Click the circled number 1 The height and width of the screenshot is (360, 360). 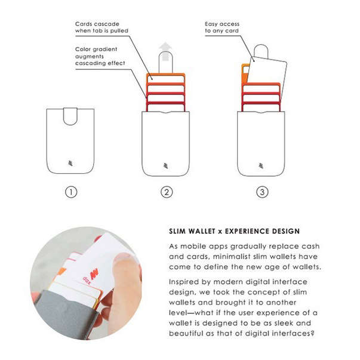pyautogui.click(x=71, y=192)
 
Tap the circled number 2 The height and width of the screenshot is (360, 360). pyautogui.click(x=167, y=192)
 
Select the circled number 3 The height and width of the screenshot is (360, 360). pyautogui.click(x=262, y=192)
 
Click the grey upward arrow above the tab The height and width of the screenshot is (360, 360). pyautogui.click(x=165, y=51)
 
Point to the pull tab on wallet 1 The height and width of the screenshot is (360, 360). pyautogui.click(x=70, y=116)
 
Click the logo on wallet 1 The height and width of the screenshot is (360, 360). pyautogui.click(x=70, y=163)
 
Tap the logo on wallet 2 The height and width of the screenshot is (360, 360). pyautogui.click(x=166, y=165)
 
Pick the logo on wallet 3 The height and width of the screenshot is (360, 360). pyautogui.click(x=261, y=165)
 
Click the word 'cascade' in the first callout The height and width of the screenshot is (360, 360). pyautogui.click(x=109, y=24)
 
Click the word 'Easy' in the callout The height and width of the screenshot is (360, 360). pyautogui.click(x=212, y=24)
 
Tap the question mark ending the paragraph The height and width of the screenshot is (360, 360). pyautogui.click(x=312, y=333)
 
